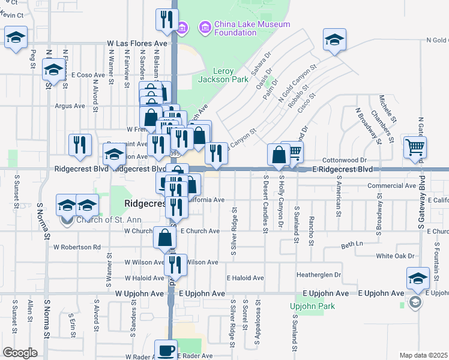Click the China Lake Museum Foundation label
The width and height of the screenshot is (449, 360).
click(x=245, y=28)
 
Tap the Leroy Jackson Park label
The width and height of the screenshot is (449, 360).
click(x=223, y=75)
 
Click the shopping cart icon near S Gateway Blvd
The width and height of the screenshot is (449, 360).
click(x=415, y=146)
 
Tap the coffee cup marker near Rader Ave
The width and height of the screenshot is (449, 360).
click(x=166, y=350)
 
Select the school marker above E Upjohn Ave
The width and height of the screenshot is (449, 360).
click(x=418, y=278)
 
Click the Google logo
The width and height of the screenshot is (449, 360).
click(x=20, y=353)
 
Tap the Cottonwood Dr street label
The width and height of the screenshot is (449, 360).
click(x=344, y=160)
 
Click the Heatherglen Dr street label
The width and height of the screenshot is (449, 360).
click(x=319, y=274)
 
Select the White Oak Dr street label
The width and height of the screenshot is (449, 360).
click(x=395, y=256)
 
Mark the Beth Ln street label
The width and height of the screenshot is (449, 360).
click(x=352, y=245)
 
